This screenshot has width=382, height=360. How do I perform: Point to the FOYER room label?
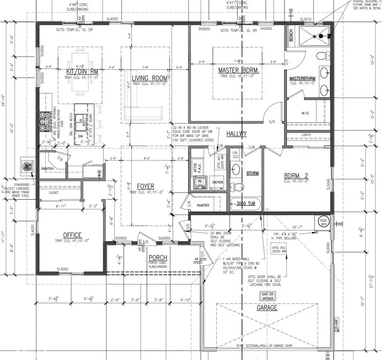point(145,186)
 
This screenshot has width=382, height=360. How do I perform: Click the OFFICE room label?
point(72,235)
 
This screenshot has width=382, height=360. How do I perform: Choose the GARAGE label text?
point(267,308)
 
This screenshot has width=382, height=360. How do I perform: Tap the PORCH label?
point(158,257)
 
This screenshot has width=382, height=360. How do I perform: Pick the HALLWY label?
point(236,134)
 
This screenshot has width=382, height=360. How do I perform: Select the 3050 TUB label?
point(246,205)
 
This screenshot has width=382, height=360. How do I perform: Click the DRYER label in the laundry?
point(218,183)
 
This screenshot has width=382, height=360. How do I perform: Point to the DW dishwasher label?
point(81,136)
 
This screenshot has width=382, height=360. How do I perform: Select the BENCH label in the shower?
point(291,36)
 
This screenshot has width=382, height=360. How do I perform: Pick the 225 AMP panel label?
point(336,324)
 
